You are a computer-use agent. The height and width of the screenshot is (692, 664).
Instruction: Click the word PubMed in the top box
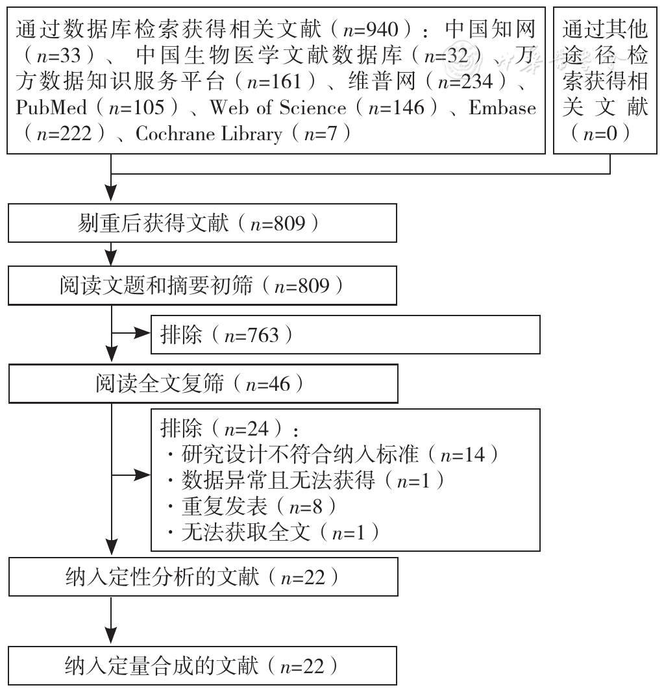tap(51, 108)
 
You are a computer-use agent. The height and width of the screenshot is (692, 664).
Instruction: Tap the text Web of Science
tap(278, 108)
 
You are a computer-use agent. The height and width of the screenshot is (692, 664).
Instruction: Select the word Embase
tap(502, 108)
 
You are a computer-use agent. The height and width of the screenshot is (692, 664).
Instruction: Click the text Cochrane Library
tap(209, 134)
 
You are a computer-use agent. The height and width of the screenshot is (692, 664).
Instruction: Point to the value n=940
tap(371, 30)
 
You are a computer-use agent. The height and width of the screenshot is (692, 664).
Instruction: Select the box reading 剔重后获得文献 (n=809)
tap(202, 223)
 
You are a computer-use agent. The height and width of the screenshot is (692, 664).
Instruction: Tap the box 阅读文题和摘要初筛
tap(202, 286)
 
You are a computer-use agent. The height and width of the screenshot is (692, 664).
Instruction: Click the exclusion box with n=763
tap(345, 334)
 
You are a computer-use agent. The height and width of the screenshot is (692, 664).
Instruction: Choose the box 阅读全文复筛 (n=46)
tap(203, 384)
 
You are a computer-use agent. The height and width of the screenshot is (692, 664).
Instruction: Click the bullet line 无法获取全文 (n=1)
tap(273, 532)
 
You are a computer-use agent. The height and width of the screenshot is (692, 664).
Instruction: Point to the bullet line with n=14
tap(333, 454)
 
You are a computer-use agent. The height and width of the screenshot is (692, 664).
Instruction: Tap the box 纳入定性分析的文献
tap(203, 577)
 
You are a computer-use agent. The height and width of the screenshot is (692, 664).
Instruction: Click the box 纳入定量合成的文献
tap(202, 665)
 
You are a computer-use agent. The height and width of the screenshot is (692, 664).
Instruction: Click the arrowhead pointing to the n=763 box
tap(142, 333)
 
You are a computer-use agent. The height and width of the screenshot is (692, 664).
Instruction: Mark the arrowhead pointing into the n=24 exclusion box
tap(142, 475)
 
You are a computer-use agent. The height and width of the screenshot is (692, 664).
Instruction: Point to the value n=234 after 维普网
tap(465, 82)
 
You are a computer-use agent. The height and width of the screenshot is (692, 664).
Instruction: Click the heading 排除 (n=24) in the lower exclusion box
tap(229, 428)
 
